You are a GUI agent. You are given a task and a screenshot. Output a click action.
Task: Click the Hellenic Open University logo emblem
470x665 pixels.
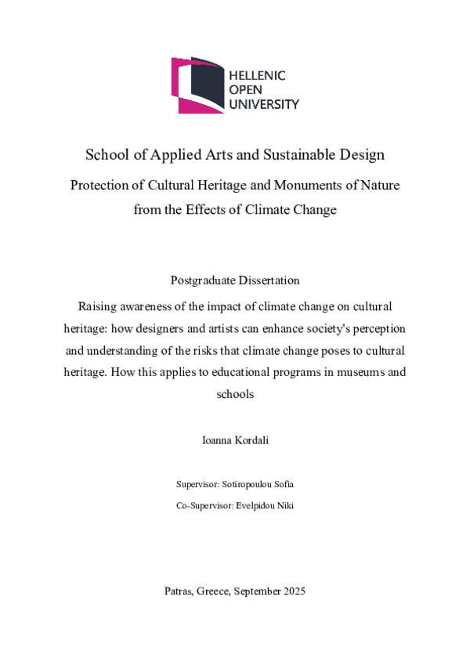pos(197,85)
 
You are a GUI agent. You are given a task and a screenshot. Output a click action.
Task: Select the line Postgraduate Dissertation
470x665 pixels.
pos(235,280)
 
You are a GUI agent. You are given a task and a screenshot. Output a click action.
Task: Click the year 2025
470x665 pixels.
pos(291,591)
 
